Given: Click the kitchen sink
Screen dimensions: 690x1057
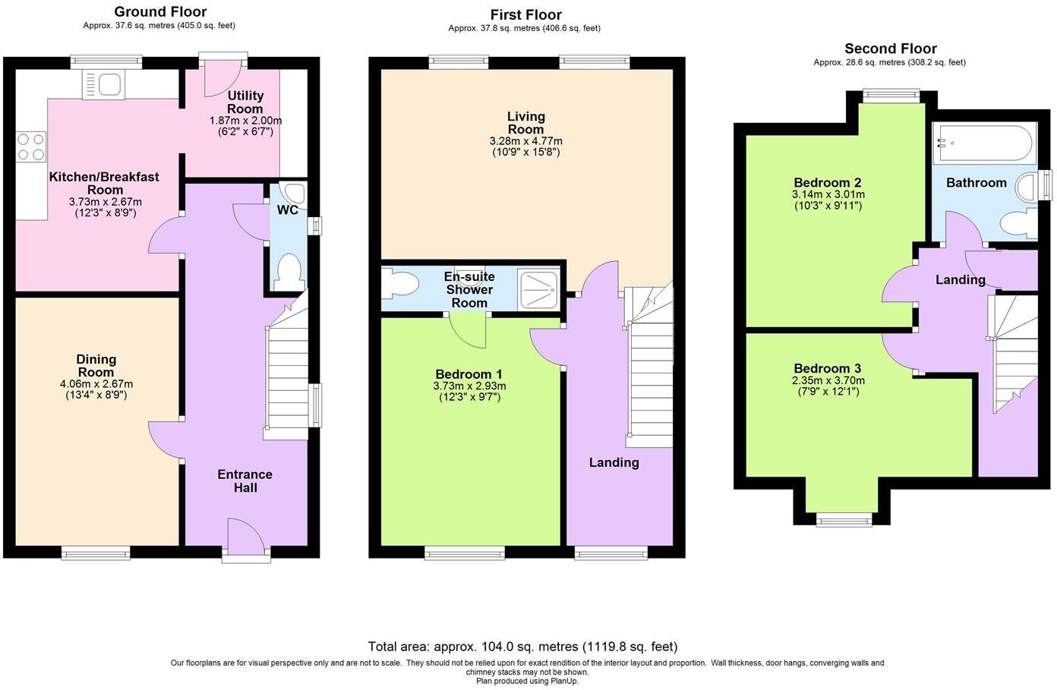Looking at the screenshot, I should [x=103, y=84].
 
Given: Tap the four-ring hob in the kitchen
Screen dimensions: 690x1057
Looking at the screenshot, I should [x=30, y=147].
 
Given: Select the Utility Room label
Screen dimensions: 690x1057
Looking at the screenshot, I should [x=245, y=102].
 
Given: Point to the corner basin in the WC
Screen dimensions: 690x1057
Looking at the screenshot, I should [x=292, y=191].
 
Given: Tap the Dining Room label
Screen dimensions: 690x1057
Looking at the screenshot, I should [x=96, y=366].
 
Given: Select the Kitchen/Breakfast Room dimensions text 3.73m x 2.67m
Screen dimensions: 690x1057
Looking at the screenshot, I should [x=105, y=202].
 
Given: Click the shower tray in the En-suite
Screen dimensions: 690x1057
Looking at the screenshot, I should [x=538, y=289].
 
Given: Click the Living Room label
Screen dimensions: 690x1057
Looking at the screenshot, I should [x=526, y=122].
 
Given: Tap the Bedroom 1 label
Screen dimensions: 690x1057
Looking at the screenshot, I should [x=469, y=374].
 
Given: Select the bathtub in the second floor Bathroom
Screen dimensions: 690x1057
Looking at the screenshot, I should [x=983, y=143].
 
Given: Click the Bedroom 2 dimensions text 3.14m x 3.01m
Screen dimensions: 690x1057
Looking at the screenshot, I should [x=828, y=194].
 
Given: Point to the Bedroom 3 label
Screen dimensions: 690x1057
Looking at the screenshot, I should [x=828, y=369].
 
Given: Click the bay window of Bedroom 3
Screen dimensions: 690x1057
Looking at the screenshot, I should [x=844, y=520].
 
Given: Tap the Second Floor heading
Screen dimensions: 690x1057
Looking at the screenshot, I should [x=891, y=49].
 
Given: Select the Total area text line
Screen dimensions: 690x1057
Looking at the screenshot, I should [x=522, y=647].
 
